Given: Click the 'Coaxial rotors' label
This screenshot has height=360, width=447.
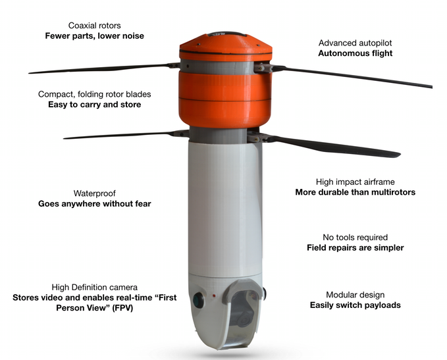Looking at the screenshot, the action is (94, 26).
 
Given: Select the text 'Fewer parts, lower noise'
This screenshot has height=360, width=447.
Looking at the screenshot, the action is (94, 36).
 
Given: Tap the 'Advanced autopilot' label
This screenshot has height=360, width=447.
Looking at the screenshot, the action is (355, 43).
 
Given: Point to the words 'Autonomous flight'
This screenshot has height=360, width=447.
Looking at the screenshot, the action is (355, 53).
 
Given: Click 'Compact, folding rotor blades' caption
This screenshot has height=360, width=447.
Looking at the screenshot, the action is (94, 94).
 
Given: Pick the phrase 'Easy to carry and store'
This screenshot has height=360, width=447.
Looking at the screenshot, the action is (94, 105).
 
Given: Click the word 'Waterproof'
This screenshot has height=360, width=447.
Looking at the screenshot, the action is (94, 193).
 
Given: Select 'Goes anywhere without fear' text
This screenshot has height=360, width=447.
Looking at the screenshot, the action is (94, 204).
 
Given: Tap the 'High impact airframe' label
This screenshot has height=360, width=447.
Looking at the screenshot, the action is (355, 182).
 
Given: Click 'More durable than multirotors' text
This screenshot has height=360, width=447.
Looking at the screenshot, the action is (355, 192).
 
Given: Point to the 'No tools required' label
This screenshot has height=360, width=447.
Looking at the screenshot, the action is (355, 238).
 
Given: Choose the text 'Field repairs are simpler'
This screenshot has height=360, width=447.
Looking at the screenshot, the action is (355, 247).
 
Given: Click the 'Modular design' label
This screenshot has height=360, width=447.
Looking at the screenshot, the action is (355, 295).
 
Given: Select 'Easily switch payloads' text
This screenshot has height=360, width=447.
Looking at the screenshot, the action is (355, 305).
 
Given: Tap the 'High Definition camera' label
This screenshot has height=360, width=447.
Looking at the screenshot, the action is (94, 288).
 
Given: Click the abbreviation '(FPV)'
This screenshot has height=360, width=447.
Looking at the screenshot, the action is (122, 308).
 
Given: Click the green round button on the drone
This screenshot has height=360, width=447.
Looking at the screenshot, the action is (198, 300).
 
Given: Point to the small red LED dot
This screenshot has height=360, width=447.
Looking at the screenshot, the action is (214, 296).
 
